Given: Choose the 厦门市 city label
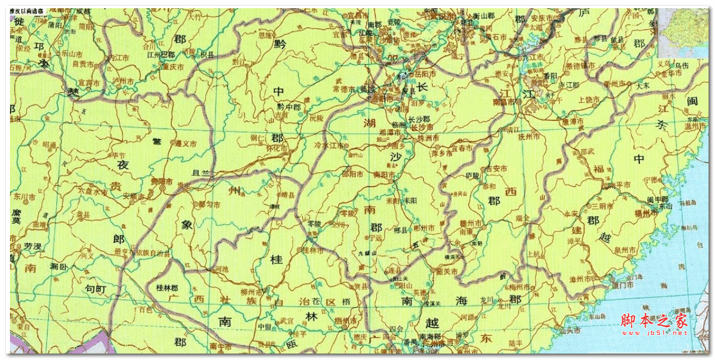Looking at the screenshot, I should tap(621, 285).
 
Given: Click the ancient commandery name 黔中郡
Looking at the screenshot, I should tap(289, 107).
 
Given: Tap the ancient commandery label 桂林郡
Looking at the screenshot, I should tap(167, 288).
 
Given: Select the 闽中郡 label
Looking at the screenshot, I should tap(653, 199).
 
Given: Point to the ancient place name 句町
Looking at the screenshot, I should tap(95, 289).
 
